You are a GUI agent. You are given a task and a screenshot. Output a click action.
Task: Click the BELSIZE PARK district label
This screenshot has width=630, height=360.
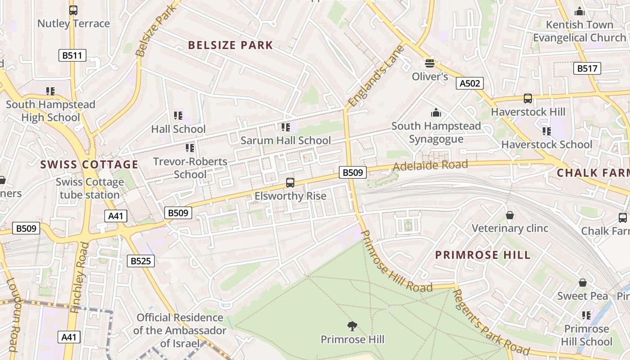coord(230,45)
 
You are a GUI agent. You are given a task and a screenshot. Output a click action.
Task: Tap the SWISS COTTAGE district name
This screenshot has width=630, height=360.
coord(89,164)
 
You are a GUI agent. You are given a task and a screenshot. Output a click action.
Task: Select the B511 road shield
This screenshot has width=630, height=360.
coord(72,55)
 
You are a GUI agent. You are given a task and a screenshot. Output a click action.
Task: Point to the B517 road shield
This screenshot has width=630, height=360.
coord(587,68)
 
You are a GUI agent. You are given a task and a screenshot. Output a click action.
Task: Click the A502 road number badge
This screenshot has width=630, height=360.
coord(470,83)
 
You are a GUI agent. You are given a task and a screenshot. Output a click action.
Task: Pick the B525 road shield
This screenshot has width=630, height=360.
coord(140,261)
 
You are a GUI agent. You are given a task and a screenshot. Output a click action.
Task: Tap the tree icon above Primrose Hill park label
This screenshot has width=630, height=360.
coord(352,326)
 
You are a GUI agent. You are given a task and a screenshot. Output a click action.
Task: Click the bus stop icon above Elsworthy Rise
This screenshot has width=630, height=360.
coord(290,183)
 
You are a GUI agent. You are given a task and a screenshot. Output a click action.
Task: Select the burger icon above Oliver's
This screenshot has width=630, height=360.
coord(430,63)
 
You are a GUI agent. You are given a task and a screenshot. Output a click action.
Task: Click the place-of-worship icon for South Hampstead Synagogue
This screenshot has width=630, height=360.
coord(436,112)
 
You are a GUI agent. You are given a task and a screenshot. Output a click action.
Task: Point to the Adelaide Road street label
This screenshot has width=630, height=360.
coord(430,165)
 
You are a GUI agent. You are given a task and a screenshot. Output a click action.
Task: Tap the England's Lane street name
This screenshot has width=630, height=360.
coord(376,76)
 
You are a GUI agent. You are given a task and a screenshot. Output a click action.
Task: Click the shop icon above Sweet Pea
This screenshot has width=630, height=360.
coord(583,283)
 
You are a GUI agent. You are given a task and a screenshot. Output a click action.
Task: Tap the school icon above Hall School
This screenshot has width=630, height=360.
coord(178,116)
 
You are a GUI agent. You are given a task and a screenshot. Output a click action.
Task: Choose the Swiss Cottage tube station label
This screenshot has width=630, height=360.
coord(90,189)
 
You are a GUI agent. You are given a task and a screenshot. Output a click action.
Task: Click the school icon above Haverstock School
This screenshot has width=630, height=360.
coord(546,131)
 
